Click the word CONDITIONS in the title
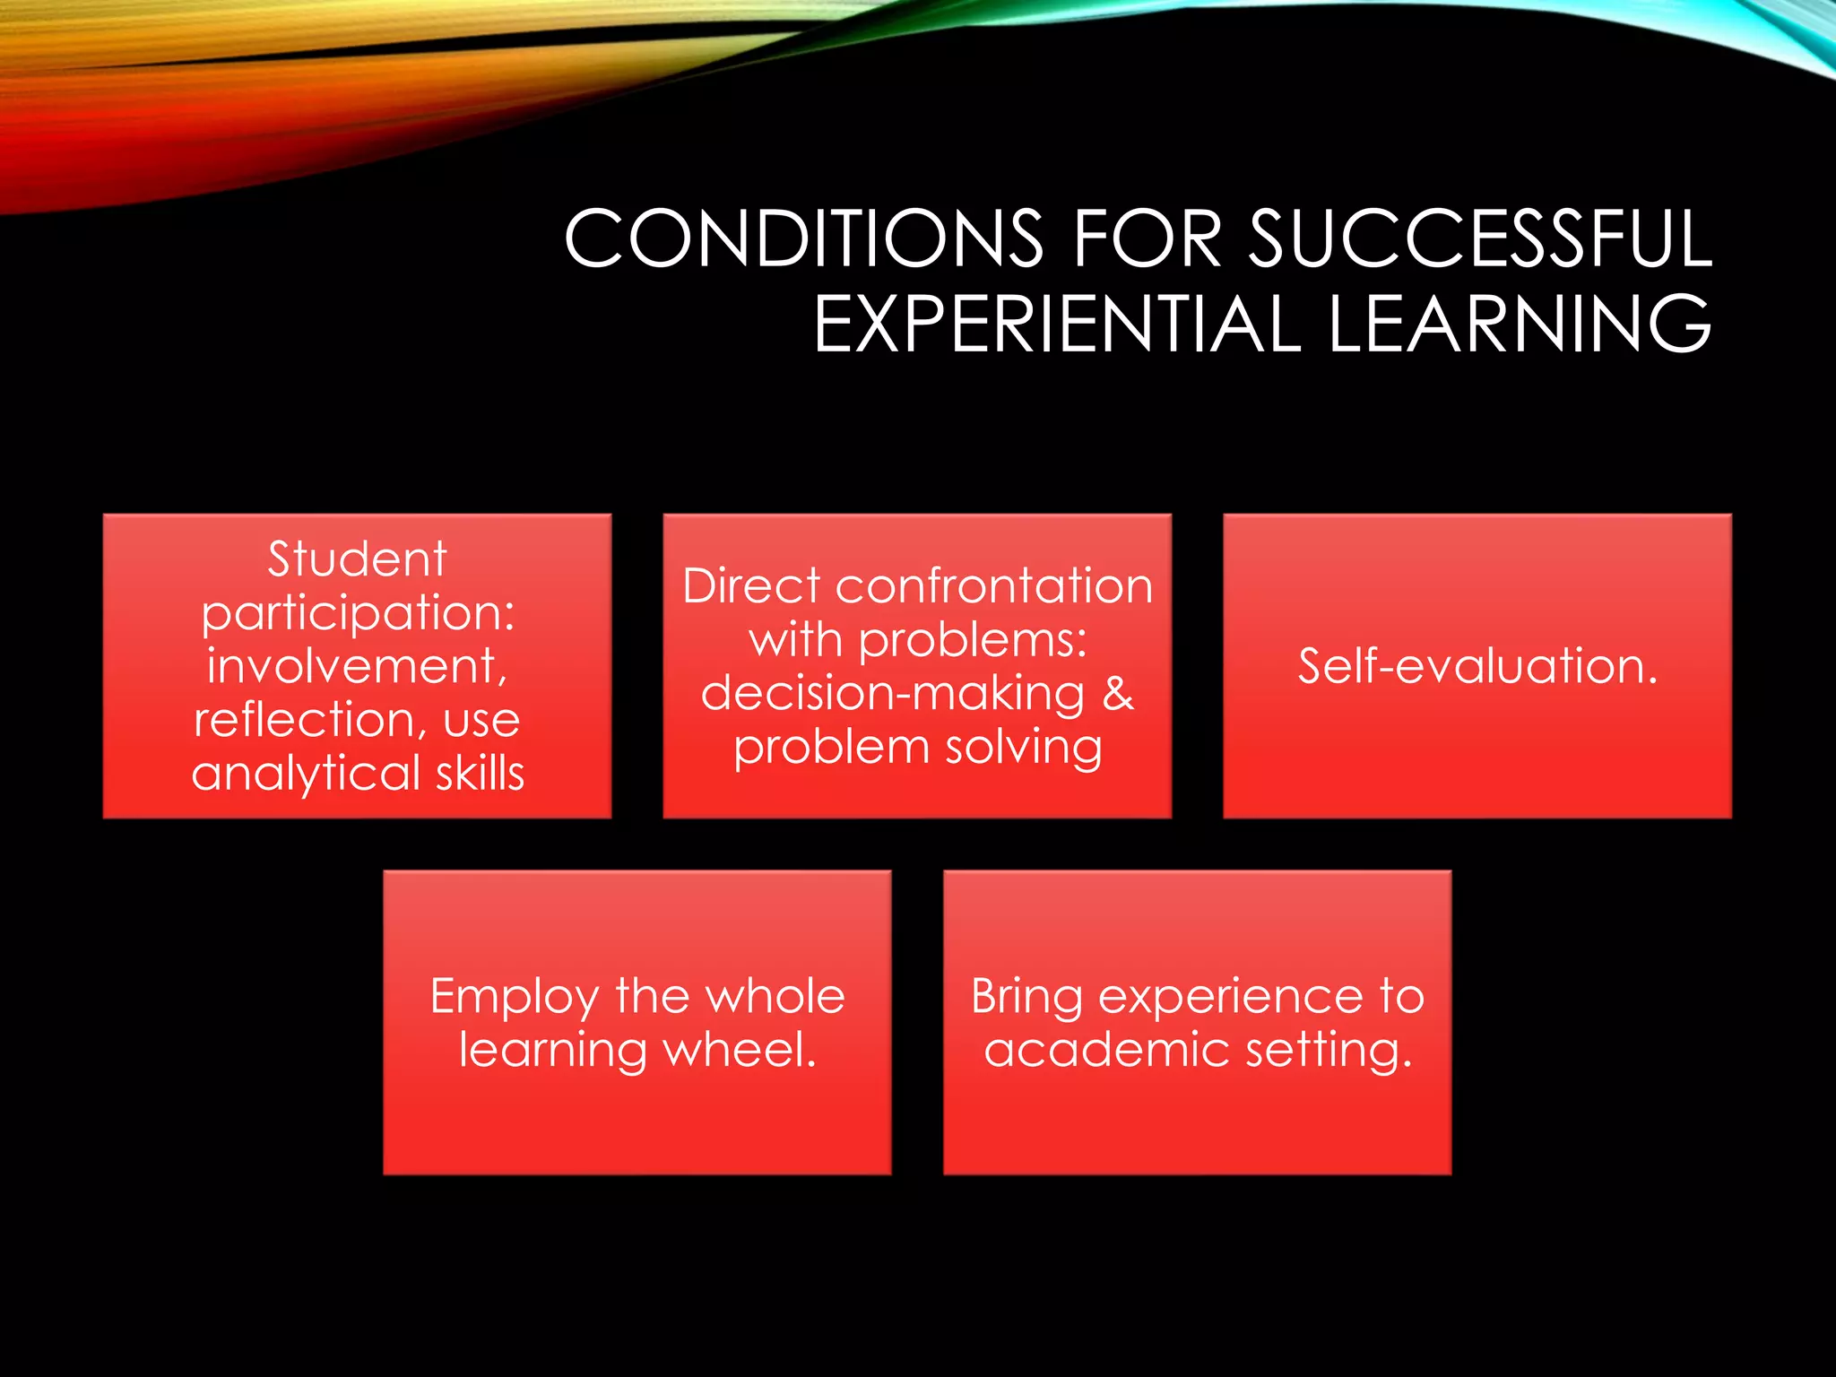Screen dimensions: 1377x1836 pos(804,238)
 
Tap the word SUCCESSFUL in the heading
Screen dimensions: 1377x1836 pos(1480,238)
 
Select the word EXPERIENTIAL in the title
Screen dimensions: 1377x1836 pos(1057,324)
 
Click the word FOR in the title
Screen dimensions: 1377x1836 pos(1147,238)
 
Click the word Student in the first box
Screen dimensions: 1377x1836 pos(357,559)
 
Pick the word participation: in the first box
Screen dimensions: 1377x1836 pos(358,615)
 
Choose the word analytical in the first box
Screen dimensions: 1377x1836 pos(306,773)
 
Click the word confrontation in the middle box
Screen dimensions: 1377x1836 pos(994,586)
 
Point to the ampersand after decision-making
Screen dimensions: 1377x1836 pos(1118,693)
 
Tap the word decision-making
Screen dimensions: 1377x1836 pos(892,695)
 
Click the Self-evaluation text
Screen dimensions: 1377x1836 pos(1477,666)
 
